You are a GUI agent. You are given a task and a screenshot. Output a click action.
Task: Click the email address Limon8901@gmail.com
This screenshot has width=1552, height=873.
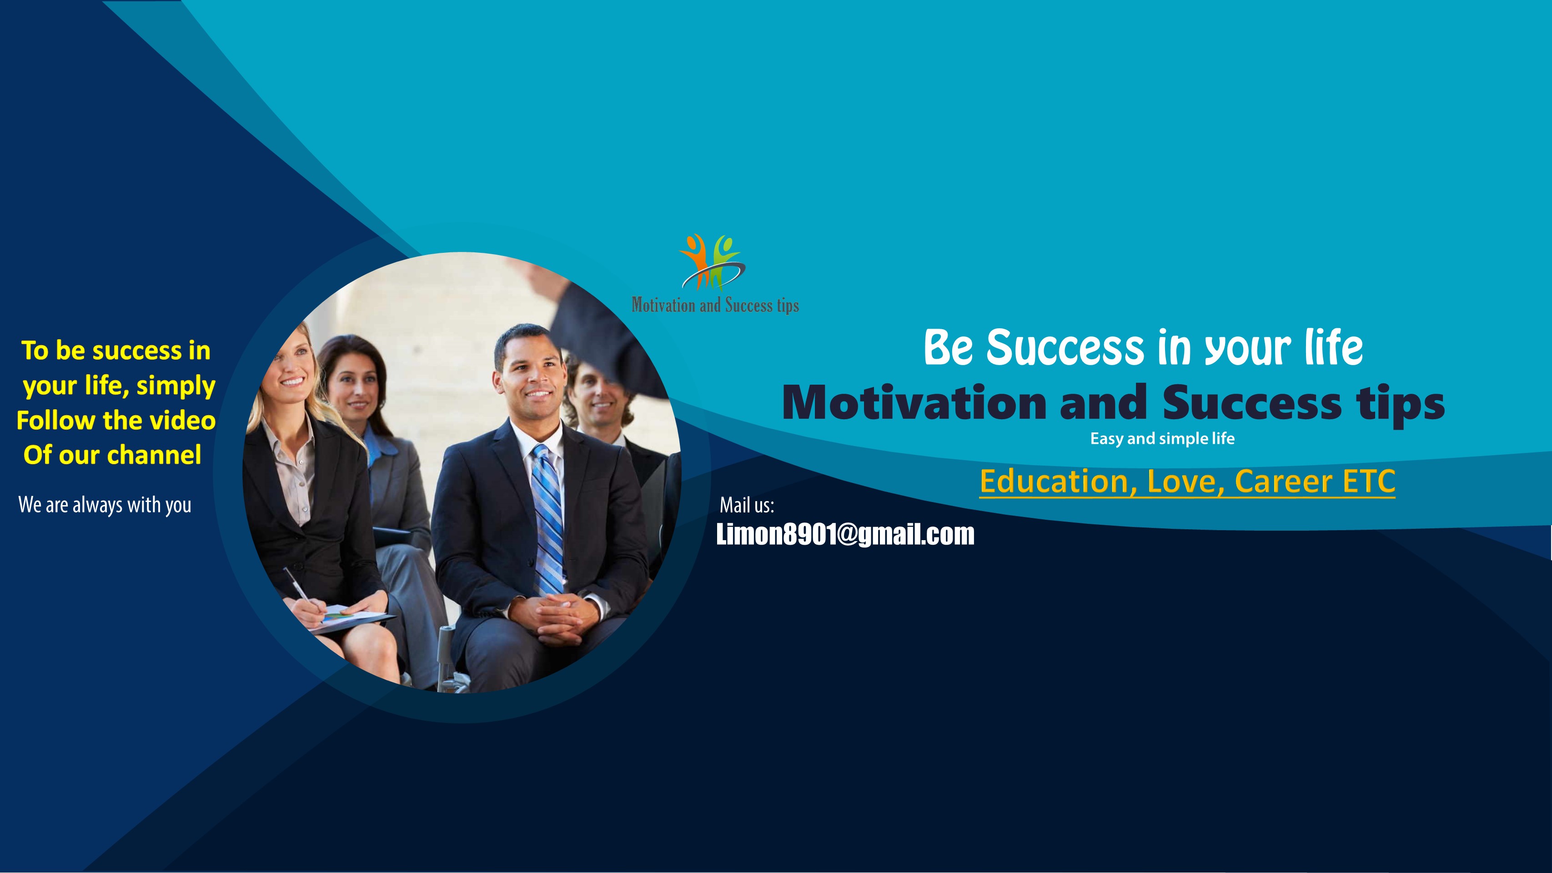pyautogui.click(x=845, y=534)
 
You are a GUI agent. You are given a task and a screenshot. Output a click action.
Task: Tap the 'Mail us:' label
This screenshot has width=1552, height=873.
pyautogui.click(x=747, y=505)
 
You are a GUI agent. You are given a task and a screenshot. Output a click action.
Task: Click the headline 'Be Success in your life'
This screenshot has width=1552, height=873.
pyautogui.click(x=1143, y=348)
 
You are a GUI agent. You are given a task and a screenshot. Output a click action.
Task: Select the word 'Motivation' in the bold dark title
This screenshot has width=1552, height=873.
pyautogui.click(x=914, y=402)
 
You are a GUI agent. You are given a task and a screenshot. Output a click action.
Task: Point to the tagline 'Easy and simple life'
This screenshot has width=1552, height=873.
pyautogui.click(x=1162, y=439)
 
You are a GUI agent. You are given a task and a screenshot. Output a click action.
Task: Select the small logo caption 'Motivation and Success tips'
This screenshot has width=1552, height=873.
pyautogui.click(x=715, y=306)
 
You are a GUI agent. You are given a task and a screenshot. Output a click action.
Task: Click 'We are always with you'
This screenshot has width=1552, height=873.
pyautogui.click(x=105, y=505)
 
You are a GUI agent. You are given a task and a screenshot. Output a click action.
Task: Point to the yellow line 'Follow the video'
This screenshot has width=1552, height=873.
pyautogui.click(x=116, y=420)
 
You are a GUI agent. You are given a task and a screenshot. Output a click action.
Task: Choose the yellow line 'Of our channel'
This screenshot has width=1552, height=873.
pyautogui.click(x=112, y=455)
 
